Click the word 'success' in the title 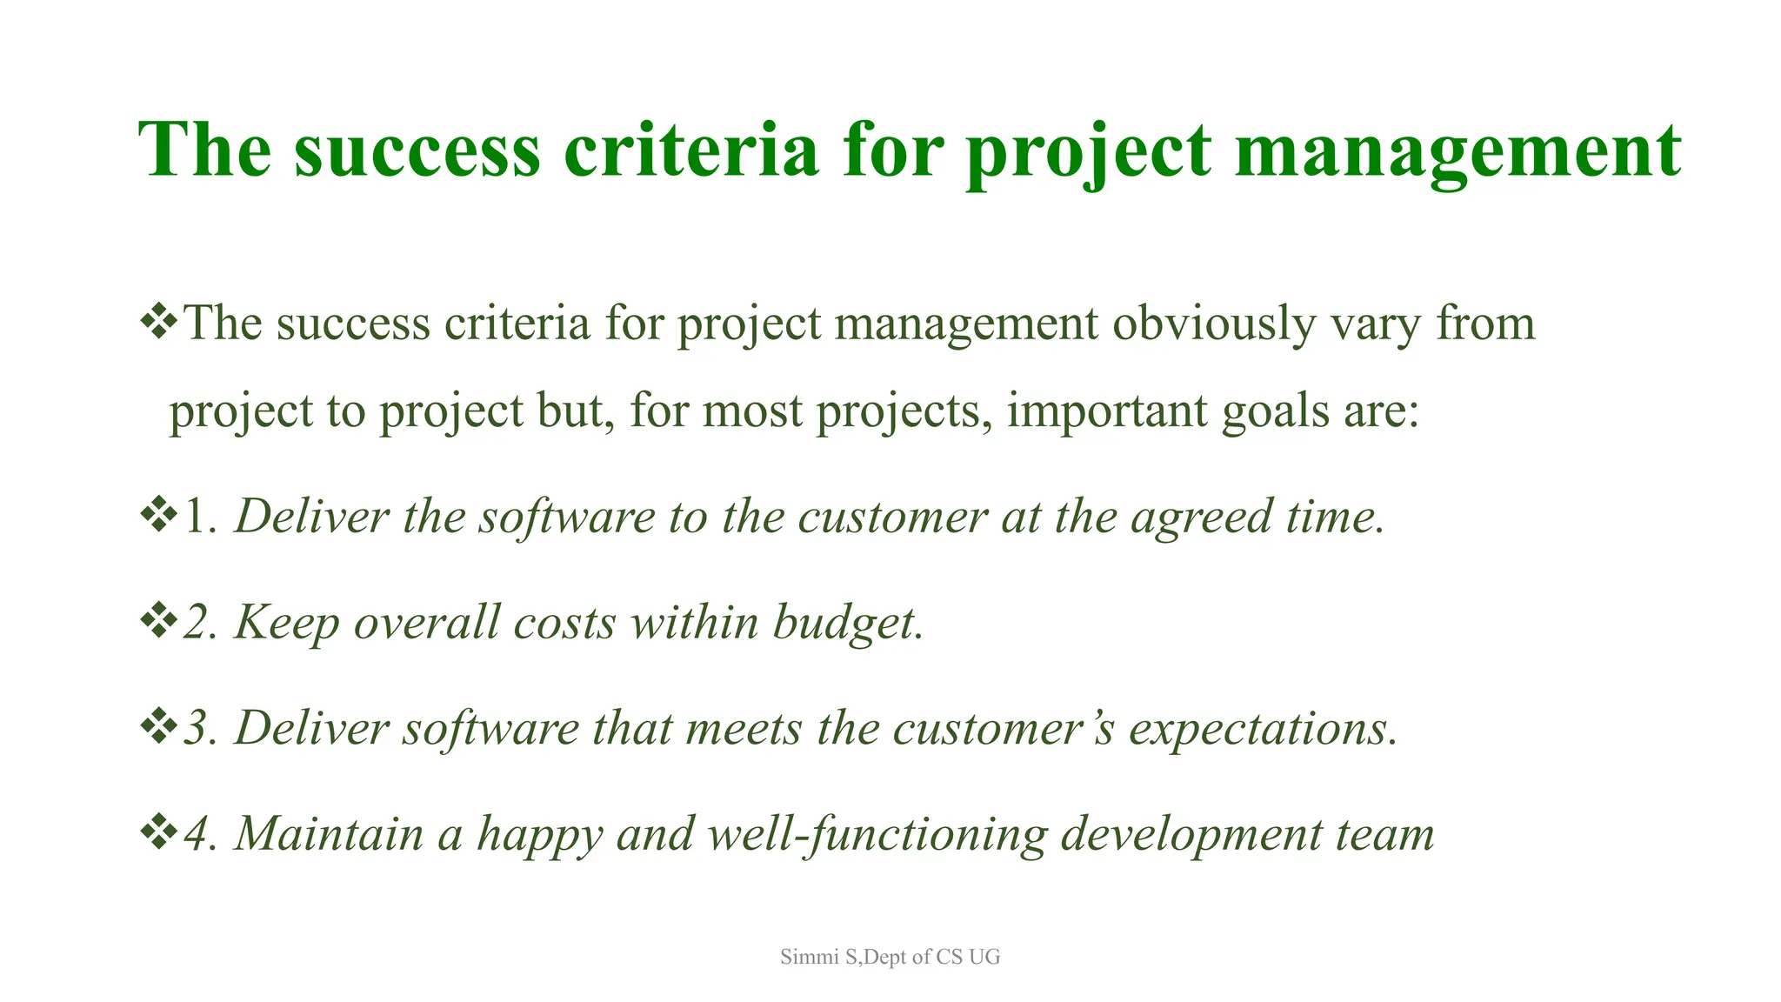[x=417, y=150]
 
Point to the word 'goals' [x=1275, y=412]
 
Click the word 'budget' [x=844, y=623]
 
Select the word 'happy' [x=539, y=835]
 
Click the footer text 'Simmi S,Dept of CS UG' [x=890, y=957]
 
